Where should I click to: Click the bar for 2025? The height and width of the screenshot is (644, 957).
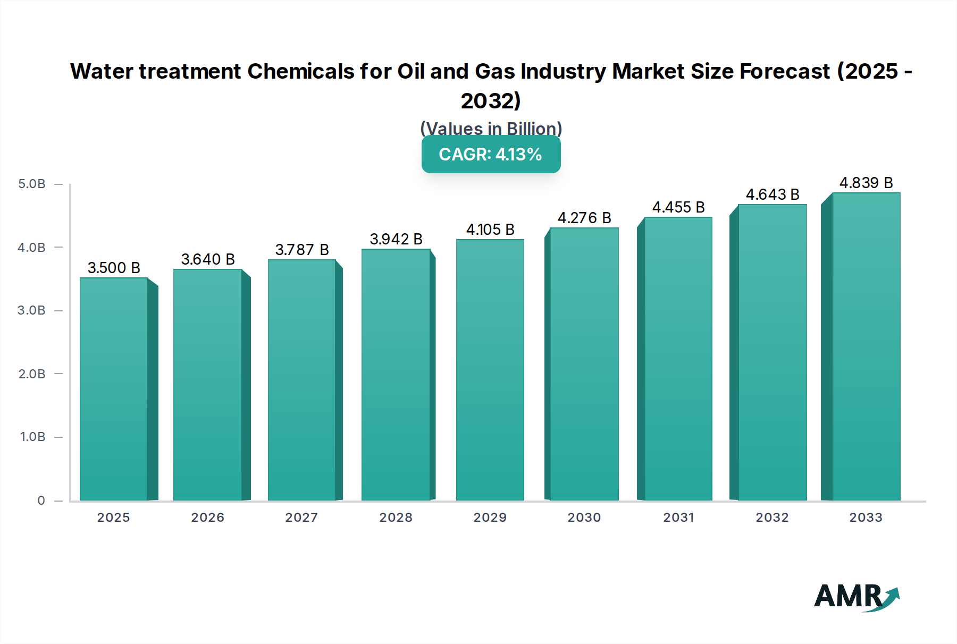(113, 389)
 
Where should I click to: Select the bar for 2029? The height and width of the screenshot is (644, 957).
(490, 370)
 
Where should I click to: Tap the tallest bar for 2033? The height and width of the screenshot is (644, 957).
(866, 346)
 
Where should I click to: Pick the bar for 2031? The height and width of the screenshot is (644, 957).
(678, 359)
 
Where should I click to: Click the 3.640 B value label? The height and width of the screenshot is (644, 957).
(208, 259)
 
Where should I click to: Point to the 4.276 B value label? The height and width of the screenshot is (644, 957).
(584, 218)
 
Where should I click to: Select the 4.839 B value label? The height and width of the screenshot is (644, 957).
(866, 183)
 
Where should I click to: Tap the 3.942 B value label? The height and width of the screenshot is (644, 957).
(396, 239)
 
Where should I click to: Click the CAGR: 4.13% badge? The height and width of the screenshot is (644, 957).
(491, 154)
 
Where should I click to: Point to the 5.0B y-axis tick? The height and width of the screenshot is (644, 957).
(32, 184)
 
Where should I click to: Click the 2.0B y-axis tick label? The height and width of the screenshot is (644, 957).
(32, 374)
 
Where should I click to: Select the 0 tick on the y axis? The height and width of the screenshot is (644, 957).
(41, 501)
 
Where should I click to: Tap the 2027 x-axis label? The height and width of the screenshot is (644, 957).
(301, 518)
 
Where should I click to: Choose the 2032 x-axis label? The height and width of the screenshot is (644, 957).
(772, 518)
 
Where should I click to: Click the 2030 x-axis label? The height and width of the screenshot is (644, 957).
(584, 518)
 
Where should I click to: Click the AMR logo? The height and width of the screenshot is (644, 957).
(856, 597)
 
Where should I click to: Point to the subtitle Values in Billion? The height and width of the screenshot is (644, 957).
(491, 129)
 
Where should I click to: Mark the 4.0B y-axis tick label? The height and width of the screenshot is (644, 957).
(32, 248)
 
